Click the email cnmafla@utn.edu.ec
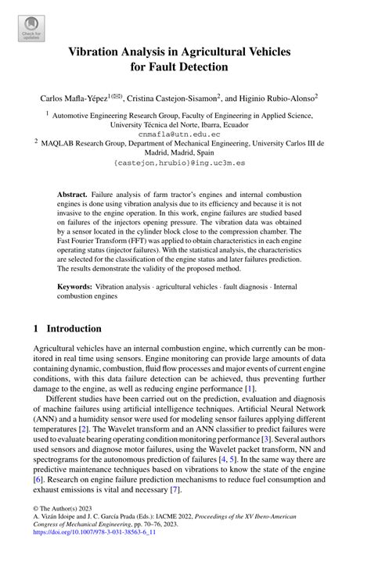[x=185, y=133]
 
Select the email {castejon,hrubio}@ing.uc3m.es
[x=185, y=163]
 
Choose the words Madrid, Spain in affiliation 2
[x=185, y=153]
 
